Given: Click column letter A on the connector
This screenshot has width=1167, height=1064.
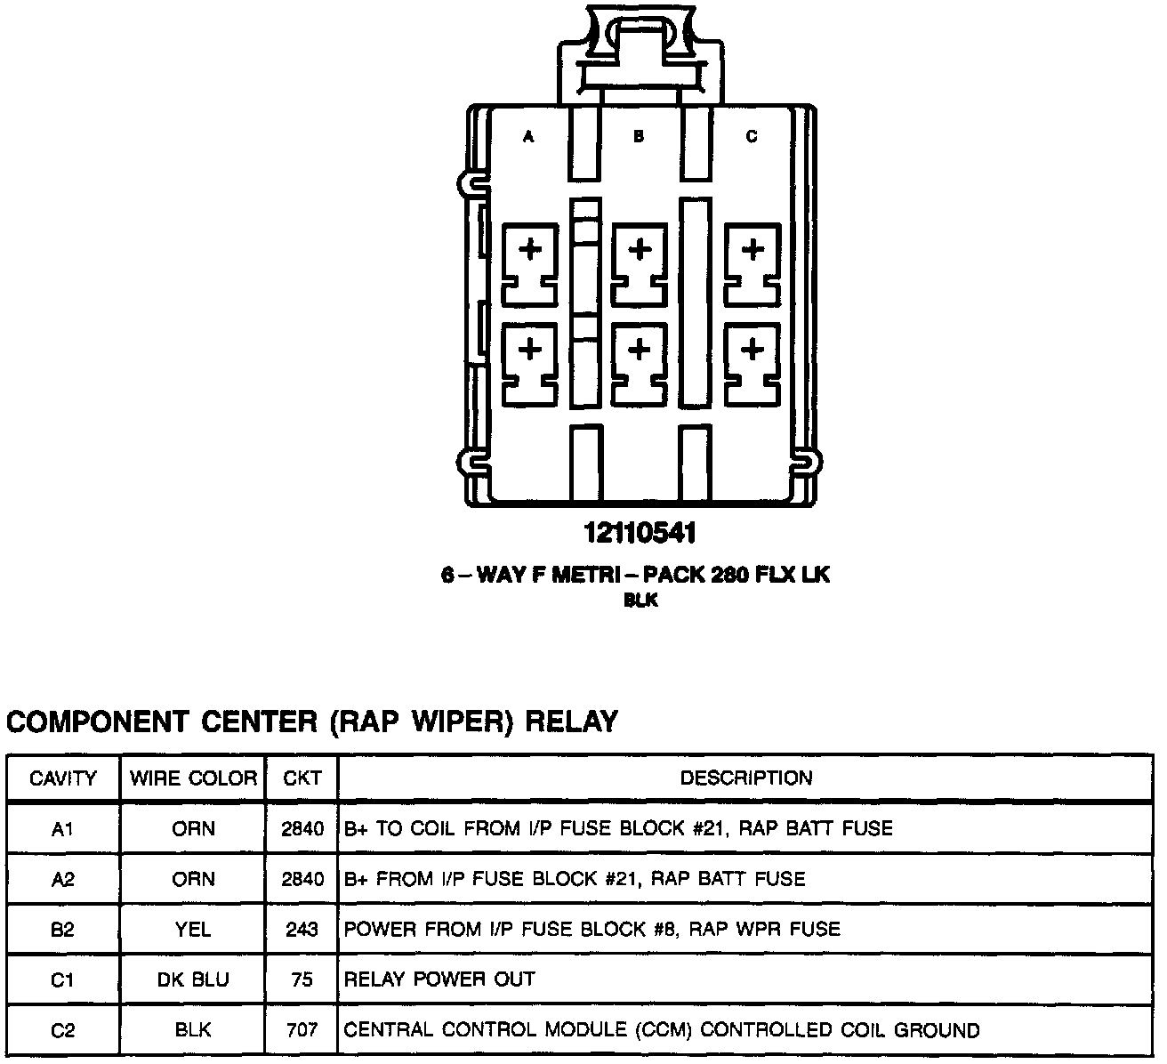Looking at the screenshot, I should click(528, 137).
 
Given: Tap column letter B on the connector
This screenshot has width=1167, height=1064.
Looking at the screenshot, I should click(639, 137).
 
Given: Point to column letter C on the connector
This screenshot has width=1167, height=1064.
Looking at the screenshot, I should click(752, 137).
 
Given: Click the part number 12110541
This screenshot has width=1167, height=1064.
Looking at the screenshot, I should click(640, 534).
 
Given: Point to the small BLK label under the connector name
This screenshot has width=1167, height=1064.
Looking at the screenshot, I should click(640, 601).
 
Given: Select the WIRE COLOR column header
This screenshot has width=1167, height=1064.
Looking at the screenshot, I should click(193, 778).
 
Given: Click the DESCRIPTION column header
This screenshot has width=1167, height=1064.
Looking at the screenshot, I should click(746, 778).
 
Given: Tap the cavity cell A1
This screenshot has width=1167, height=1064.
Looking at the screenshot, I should click(63, 829).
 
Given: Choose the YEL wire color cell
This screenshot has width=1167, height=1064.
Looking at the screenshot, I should click(193, 930).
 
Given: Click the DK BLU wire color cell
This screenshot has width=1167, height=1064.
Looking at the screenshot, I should click(193, 980).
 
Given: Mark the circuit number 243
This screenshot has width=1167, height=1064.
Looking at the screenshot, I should click(302, 930).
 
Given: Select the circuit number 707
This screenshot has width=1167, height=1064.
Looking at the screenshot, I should click(302, 1030).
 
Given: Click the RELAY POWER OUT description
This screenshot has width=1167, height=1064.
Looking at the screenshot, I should click(439, 980).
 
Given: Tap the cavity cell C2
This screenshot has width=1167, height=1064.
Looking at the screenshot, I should click(63, 1030).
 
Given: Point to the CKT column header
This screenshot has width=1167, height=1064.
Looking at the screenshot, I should click(302, 778).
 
